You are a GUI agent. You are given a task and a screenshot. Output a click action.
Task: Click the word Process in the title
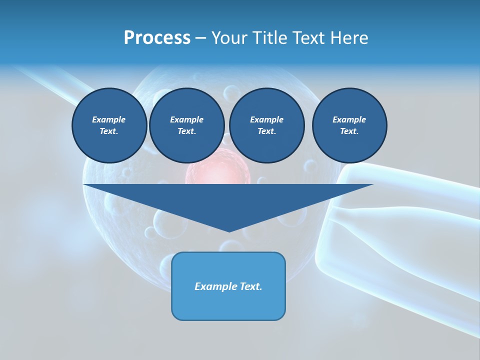157,38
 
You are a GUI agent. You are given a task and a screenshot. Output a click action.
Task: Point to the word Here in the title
350,38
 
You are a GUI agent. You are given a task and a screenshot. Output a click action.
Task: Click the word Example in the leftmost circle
109,119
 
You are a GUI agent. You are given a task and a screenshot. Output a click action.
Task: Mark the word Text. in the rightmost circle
349,131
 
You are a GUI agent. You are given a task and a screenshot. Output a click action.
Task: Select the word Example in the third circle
266,119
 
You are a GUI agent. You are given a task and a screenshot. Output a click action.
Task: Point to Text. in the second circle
186,131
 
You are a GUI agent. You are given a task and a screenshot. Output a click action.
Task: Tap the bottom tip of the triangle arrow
229,230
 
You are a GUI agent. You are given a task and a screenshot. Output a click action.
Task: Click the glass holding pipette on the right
400,235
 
